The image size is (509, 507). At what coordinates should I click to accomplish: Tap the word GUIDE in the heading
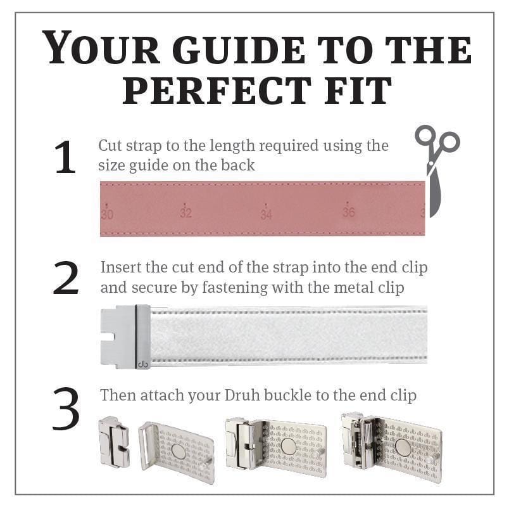pyautogui.click(x=239, y=49)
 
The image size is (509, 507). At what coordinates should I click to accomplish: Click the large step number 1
pyautogui.click(x=65, y=158)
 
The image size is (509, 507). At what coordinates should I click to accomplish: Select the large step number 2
pyautogui.click(x=66, y=278)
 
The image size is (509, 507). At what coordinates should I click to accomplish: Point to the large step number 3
pyautogui.click(x=66, y=409)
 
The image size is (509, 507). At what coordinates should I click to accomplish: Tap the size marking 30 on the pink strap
pyautogui.click(x=107, y=214)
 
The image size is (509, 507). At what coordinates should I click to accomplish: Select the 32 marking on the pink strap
pyautogui.click(x=186, y=212)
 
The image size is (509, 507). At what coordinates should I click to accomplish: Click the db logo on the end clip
pyautogui.click(x=143, y=364)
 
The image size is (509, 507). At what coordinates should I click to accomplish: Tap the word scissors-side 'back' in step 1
pyautogui.click(x=238, y=165)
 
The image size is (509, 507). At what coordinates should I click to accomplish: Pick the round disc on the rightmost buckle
pyautogui.click(x=402, y=449)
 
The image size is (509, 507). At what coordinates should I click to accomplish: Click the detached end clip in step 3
pyautogui.click(x=114, y=442)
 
